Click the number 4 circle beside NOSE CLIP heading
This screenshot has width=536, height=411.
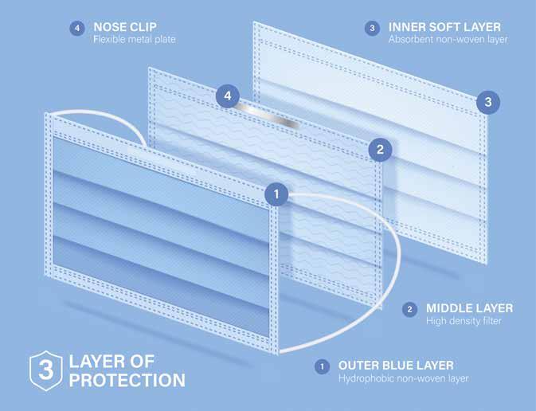click(76, 28)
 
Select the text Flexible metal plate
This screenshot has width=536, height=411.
click(134, 39)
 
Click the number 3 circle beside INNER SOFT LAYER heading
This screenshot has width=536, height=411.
click(372, 28)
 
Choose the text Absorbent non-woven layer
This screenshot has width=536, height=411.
click(448, 39)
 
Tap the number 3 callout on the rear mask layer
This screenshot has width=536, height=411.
click(488, 102)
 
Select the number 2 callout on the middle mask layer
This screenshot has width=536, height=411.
click(380, 148)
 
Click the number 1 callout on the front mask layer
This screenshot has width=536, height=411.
click(276, 193)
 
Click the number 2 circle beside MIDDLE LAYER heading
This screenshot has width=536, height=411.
click(409, 309)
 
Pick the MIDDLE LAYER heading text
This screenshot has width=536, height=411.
click(469, 307)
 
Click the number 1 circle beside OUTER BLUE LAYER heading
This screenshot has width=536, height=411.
click(322, 366)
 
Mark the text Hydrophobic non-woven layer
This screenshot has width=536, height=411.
click(403, 378)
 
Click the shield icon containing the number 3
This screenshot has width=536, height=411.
click(45, 369)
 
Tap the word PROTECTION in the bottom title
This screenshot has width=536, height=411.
click(127, 380)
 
